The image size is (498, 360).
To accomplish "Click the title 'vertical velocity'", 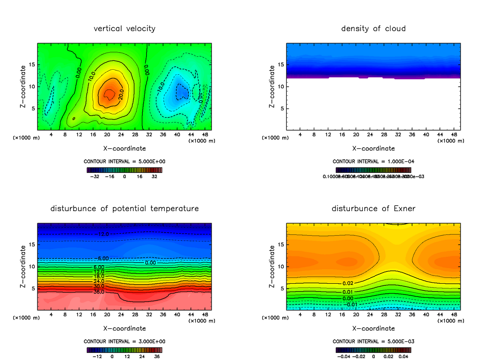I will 124,29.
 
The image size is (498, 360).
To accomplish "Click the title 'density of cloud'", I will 373,29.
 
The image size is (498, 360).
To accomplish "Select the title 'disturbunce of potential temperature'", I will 124,209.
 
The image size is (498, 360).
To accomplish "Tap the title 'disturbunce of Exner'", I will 373,209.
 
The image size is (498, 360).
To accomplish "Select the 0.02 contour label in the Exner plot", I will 348,283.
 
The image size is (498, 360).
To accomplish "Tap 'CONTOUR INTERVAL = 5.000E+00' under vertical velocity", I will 124,161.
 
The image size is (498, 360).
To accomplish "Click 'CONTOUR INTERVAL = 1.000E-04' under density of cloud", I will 373,161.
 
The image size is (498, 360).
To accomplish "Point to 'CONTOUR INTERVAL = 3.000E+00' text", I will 124,341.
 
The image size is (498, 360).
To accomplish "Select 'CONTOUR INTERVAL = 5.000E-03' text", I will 373,341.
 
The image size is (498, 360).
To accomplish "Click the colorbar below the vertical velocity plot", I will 124,170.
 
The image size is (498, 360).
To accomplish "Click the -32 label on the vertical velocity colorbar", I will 96,176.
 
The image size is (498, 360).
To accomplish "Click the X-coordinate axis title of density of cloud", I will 373,148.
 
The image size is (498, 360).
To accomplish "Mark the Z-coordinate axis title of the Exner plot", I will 272,267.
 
